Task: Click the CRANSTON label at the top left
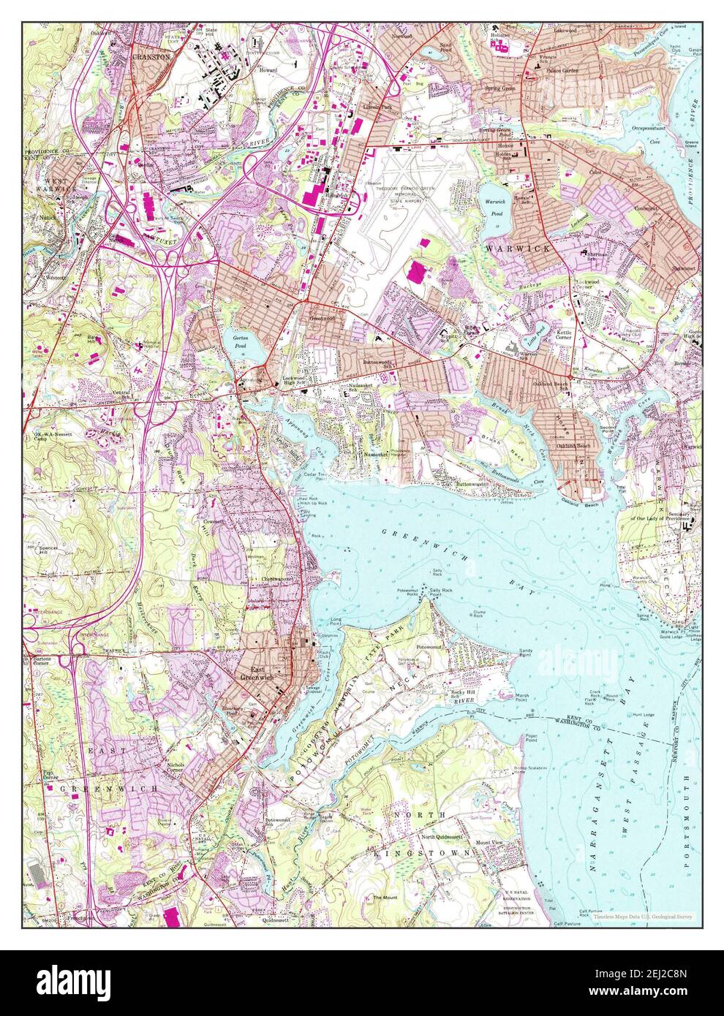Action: (x=151, y=56)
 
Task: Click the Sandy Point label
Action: (x=525, y=653)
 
